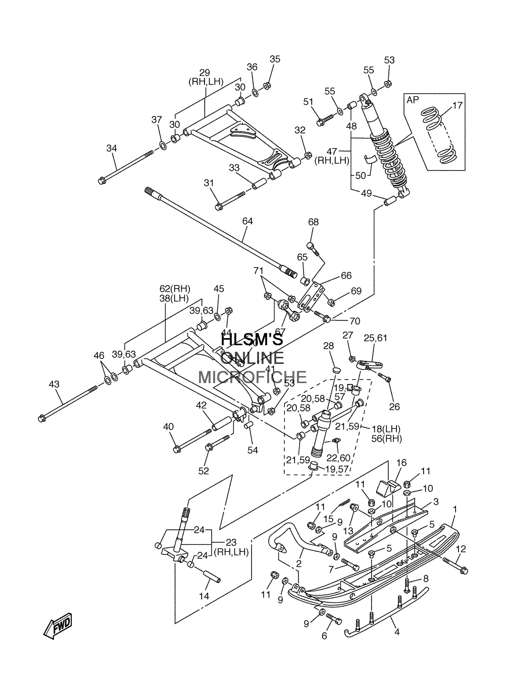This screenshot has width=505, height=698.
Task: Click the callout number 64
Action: click(x=247, y=221)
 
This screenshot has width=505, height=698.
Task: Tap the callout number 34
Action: click(x=112, y=148)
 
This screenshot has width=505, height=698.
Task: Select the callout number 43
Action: click(x=54, y=384)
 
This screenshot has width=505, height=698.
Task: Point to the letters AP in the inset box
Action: click(x=413, y=100)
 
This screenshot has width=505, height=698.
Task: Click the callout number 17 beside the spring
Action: click(x=458, y=105)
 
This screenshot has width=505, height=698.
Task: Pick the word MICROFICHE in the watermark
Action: click(x=252, y=378)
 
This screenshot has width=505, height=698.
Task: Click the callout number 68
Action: click(x=314, y=222)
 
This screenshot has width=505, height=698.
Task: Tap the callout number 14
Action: click(x=204, y=596)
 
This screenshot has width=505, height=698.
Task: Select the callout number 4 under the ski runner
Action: click(x=396, y=632)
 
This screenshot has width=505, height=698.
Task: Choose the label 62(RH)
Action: click(x=174, y=288)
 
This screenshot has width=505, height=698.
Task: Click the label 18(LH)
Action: click(x=386, y=429)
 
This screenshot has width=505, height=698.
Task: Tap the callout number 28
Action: click(x=329, y=346)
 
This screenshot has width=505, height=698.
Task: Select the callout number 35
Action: click(x=275, y=59)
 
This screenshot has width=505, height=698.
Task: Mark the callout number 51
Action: click(x=308, y=102)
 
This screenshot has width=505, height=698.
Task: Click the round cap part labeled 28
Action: click(x=336, y=370)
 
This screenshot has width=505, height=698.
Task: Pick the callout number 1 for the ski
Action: click(x=455, y=509)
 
